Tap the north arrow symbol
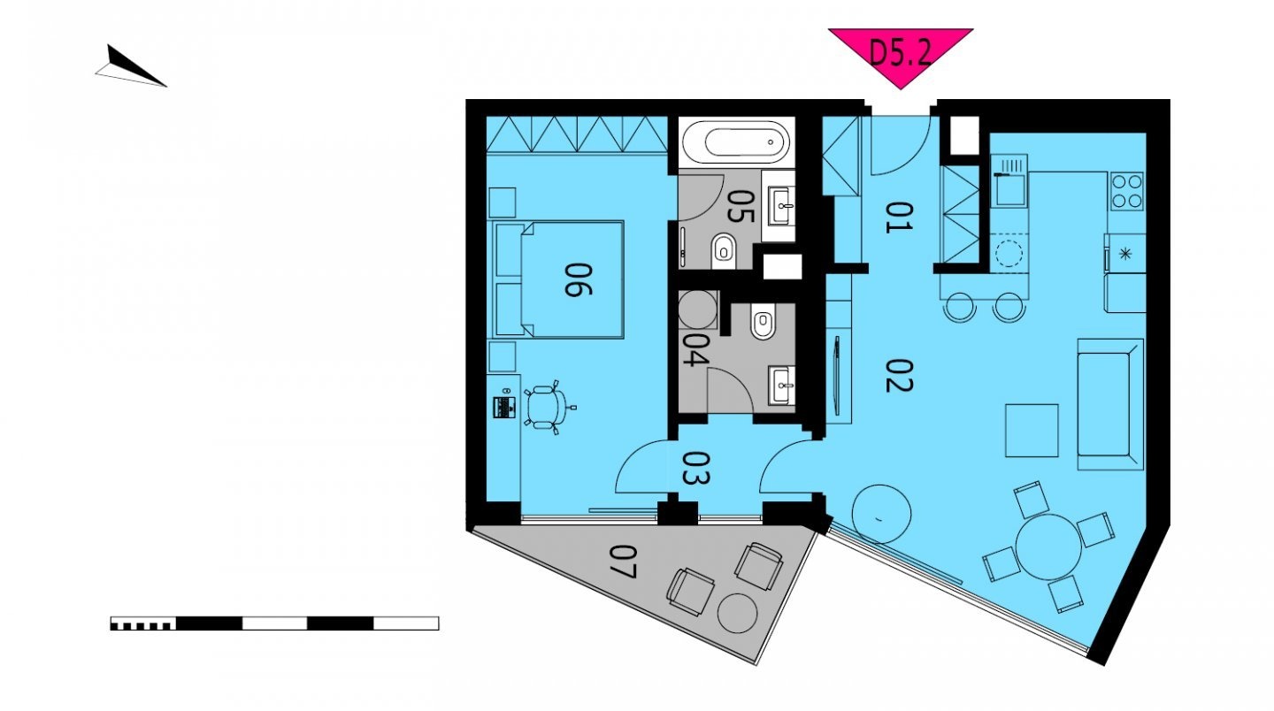coord(130,67)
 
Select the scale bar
coord(274,623)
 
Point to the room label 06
coord(579,279)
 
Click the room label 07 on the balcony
coord(622,562)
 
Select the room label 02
coord(899,376)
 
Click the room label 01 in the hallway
coord(899,218)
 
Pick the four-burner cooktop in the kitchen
coord(1127,191)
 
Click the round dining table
coord(1048,547)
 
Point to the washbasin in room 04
coord(783,386)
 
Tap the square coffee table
coord(1032,431)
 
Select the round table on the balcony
coord(737,613)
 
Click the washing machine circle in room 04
coord(697,310)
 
